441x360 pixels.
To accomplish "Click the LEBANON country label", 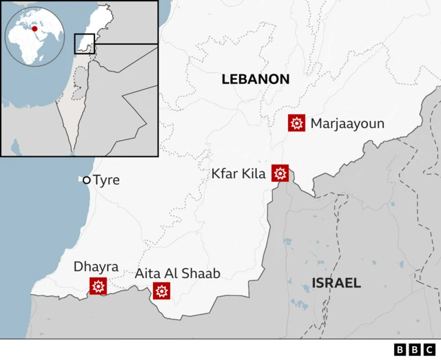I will tap(255, 79).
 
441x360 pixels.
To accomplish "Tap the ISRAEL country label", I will tap(336, 283).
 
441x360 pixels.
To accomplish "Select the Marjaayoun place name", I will tap(347, 124).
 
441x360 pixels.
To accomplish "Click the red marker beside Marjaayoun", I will tap(297, 124).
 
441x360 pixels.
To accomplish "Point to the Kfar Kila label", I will tap(238, 174).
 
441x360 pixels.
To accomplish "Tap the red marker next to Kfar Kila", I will tap(280, 173).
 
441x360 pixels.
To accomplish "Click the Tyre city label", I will tap(106, 180).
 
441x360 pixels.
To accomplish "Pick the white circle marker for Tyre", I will tap(87, 180).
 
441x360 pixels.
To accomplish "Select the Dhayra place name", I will tap(96, 266).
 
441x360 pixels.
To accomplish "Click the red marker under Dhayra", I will tap(98, 286).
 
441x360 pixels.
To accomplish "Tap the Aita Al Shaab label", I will tap(177, 273).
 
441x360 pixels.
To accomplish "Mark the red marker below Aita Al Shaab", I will tap(162, 291).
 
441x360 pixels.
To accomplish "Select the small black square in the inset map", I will tap(84, 43).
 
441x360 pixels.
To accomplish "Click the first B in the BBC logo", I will tap(401, 350).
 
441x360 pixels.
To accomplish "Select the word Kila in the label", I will tap(254, 174).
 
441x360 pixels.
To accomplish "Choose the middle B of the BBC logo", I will tap(416, 350).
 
